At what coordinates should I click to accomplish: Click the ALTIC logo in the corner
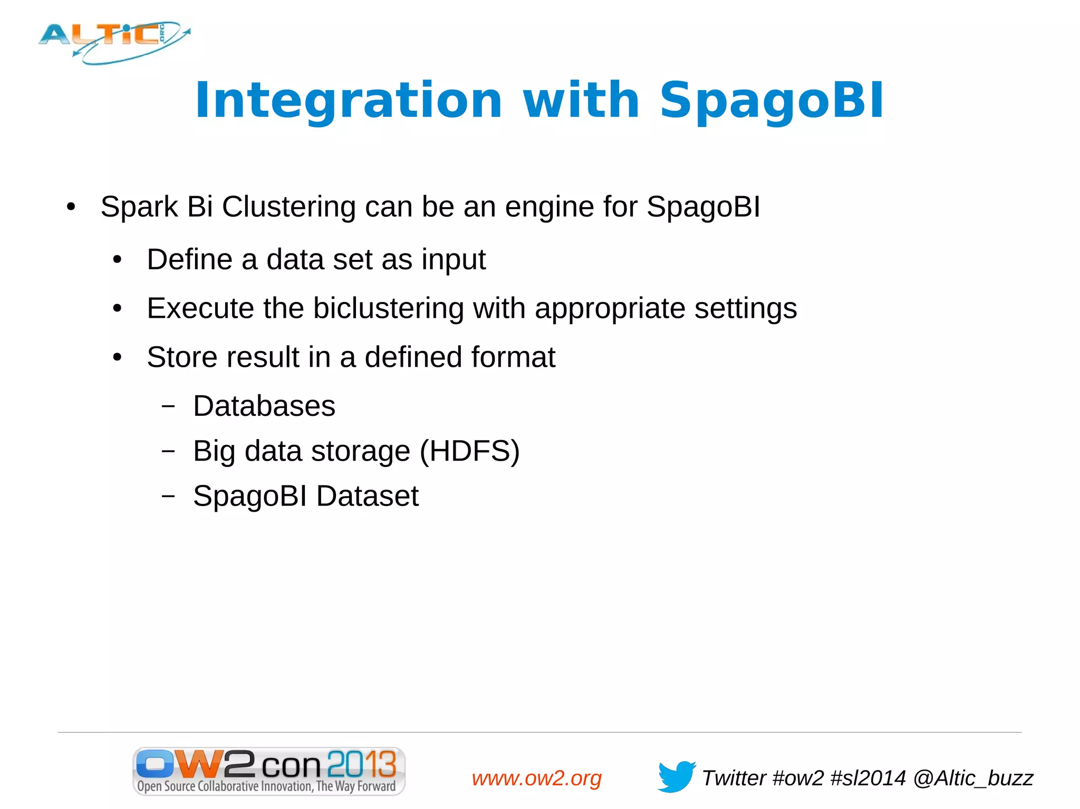click(113, 42)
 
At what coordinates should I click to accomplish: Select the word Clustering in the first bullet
click(288, 207)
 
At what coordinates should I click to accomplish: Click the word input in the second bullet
click(453, 260)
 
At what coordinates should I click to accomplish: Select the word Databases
click(264, 406)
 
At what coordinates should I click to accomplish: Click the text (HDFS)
click(469, 452)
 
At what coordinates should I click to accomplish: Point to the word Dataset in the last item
click(367, 496)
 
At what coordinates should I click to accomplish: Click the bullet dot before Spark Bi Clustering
click(71, 207)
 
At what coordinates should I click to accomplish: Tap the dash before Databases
click(168, 406)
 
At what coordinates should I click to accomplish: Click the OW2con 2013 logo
click(268, 771)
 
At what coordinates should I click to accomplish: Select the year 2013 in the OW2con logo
click(361, 764)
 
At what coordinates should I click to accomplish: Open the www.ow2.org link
click(536, 778)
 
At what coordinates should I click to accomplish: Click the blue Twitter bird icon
click(676, 776)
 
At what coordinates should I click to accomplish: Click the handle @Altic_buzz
click(973, 778)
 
